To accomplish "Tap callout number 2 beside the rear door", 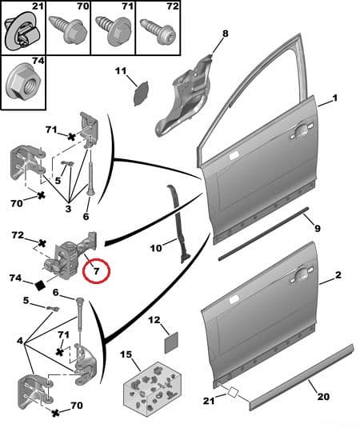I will point(338,275).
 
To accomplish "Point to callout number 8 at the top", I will point(225,34).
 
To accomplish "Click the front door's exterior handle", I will point(303,129).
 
